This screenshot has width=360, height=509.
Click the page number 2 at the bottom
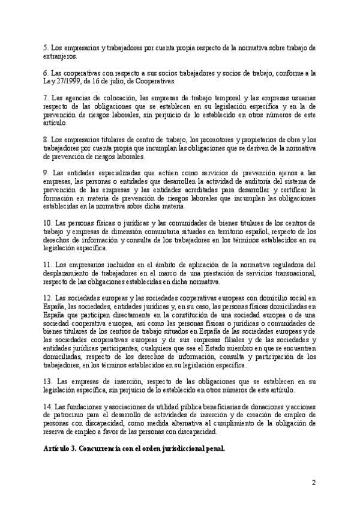click(314, 482)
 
